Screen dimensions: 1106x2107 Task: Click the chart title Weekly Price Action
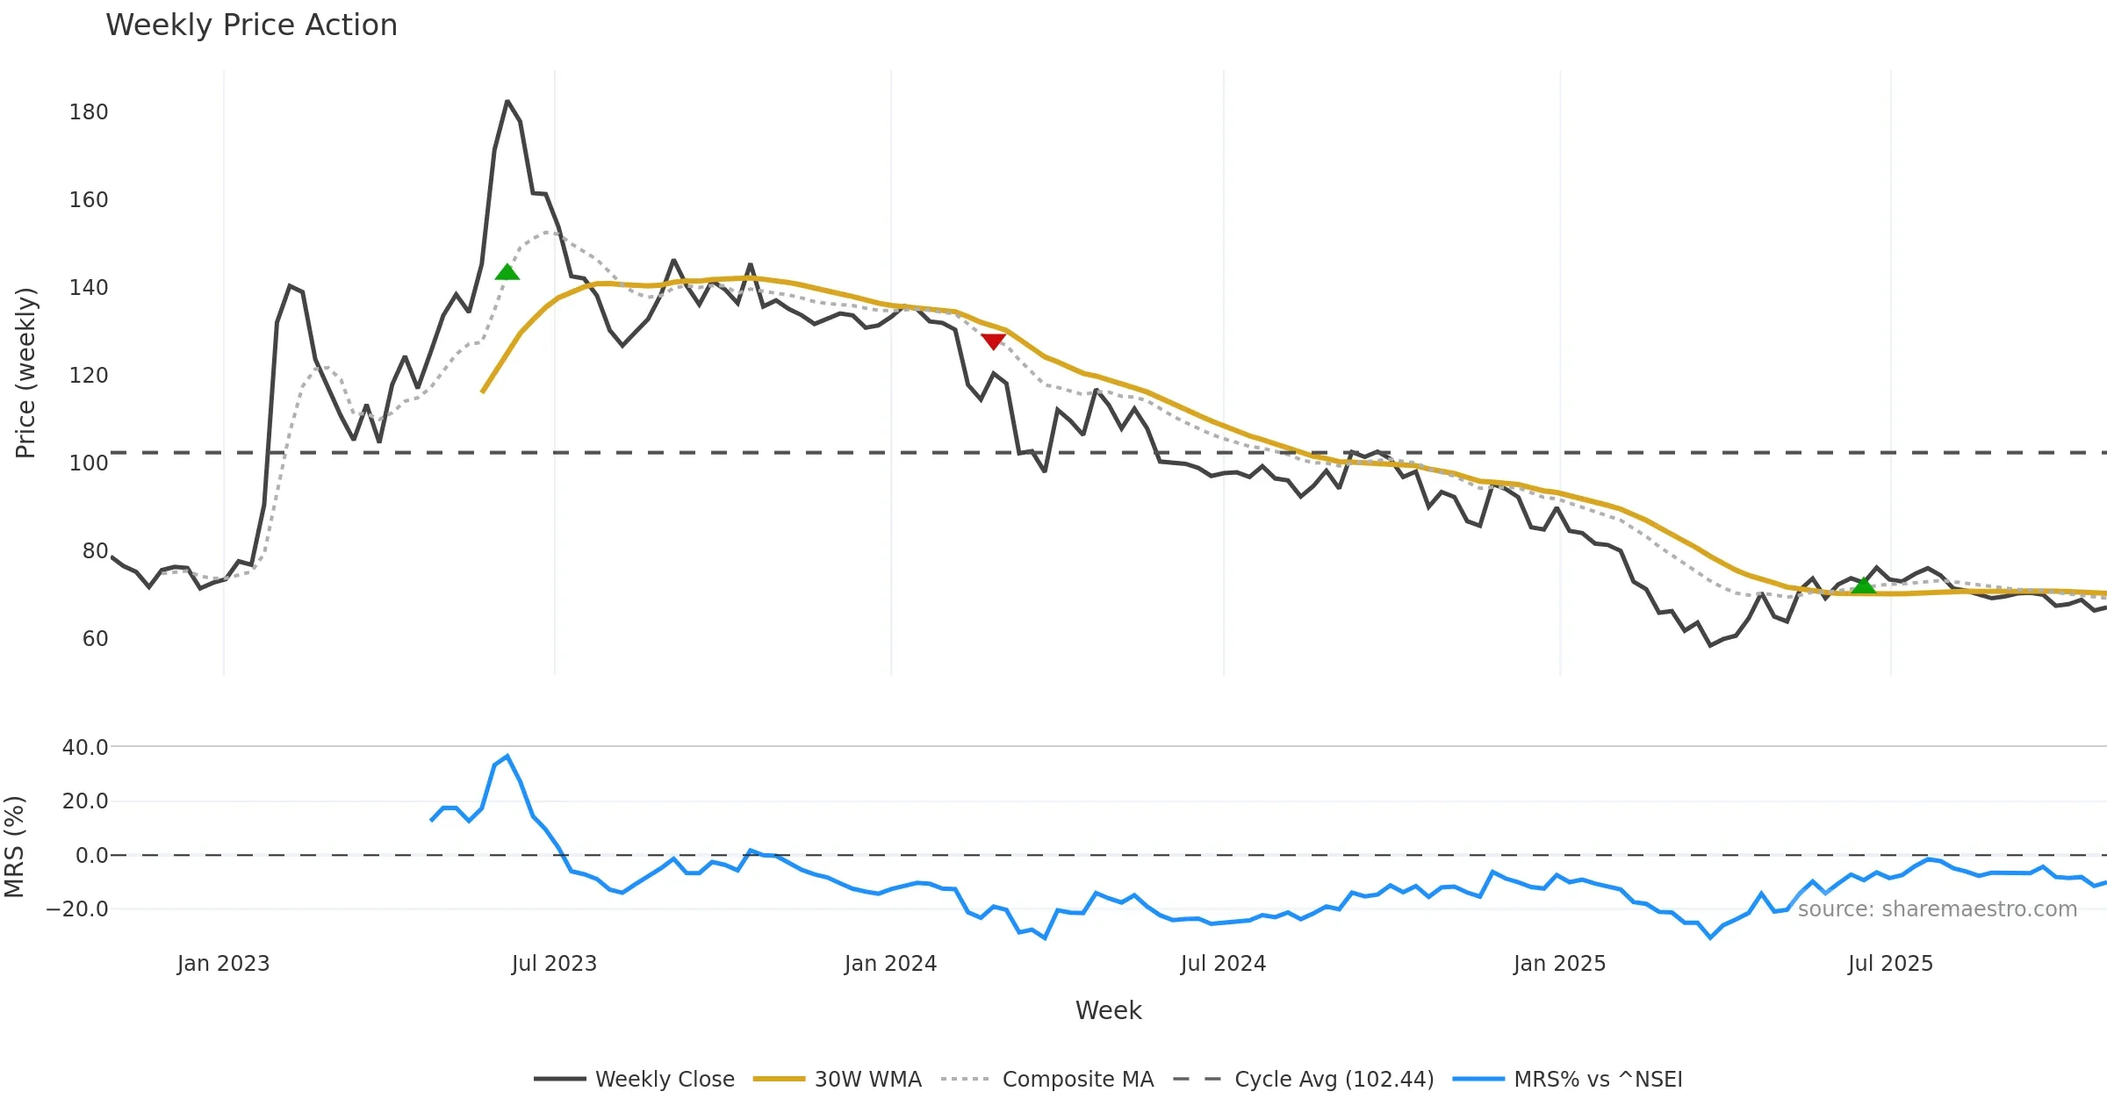[x=251, y=25]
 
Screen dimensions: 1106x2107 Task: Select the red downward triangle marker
[x=993, y=341]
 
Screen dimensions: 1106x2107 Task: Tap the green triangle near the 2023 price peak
[x=507, y=272]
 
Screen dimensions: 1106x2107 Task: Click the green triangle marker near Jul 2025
[x=1863, y=585]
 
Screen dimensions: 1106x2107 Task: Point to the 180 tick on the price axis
[x=89, y=112]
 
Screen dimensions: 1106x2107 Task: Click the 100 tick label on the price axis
[x=89, y=463]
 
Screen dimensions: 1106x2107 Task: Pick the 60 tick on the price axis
[x=95, y=639]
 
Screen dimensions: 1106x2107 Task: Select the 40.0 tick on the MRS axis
[x=85, y=748]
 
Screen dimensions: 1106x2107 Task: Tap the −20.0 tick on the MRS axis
[x=77, y=909]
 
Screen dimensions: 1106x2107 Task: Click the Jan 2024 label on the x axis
[x=890, y=964]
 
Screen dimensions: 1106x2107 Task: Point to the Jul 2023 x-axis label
[x=554, y=964]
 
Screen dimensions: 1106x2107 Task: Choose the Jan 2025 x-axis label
[x=1559, y=964]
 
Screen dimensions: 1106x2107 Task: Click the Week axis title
[x=1108, y=1010]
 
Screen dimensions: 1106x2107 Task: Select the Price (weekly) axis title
[x=25, y=373]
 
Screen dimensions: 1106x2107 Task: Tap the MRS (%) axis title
[x=14, y=847]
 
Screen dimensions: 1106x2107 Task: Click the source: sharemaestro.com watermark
[x=1937, y=909]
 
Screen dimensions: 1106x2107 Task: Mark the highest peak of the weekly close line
[x=507, y=102]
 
